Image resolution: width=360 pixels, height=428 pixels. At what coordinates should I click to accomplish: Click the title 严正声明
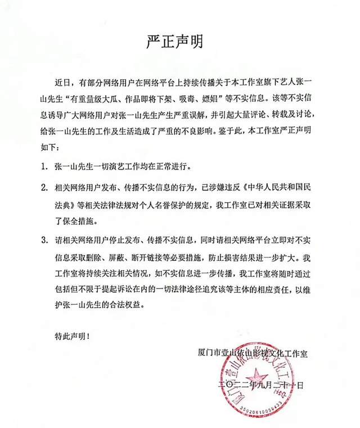pos(180,41)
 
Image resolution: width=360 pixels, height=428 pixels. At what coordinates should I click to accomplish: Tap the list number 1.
pos(43,167)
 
